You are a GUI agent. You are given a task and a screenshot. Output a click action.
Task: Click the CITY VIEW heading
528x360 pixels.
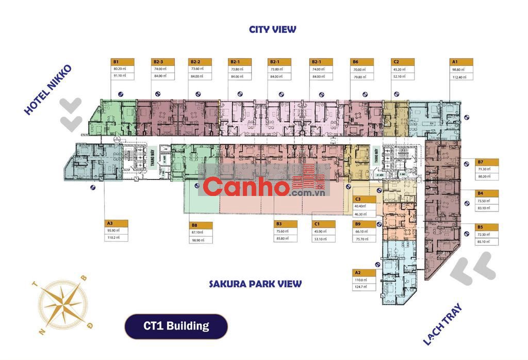coord(272,29)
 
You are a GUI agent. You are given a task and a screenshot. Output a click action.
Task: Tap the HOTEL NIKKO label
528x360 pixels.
coord(47,89)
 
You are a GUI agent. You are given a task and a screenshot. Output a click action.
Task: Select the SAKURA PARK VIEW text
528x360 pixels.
coord(255,284)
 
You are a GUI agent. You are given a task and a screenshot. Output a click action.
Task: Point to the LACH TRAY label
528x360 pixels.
coord(442,324)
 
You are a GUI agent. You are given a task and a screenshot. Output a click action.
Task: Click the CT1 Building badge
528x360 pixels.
coord(176,326)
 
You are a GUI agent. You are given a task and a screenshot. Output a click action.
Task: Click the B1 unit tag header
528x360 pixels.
coord(123,61)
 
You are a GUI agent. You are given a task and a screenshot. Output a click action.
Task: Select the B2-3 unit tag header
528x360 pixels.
coord(163,61)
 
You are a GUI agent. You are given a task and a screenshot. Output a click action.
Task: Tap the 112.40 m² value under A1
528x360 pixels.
coord(459,77)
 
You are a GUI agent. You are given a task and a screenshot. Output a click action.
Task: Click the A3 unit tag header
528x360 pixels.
coord(116,223)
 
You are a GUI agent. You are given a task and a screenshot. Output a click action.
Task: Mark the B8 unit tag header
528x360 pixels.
coord(201,225)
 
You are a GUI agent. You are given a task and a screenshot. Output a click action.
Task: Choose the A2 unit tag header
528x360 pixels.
coord(364,272)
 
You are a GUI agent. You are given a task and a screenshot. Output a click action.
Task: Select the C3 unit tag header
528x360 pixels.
coord(364,199)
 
